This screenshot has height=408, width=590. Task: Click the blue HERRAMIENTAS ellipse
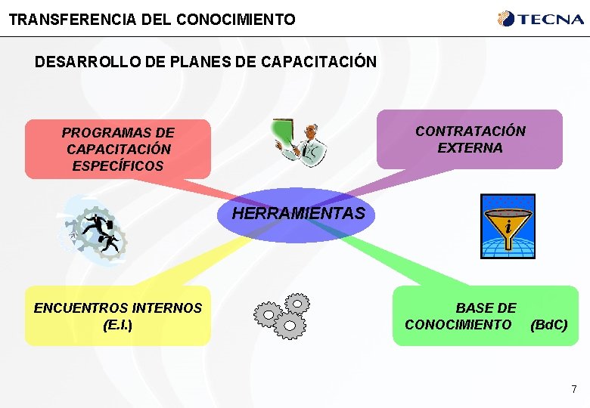(298, 214)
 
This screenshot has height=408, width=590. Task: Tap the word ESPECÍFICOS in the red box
(117, 165)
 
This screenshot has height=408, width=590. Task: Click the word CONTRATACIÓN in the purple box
(470, 131)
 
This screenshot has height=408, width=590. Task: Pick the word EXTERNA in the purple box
(470, 148)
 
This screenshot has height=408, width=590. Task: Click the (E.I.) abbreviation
(117, 325)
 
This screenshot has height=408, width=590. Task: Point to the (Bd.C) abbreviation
(548, 325)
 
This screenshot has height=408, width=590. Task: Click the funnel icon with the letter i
(508, 226)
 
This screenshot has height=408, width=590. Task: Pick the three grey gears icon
(281, 315)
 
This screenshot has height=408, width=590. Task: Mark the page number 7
(573, 389)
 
